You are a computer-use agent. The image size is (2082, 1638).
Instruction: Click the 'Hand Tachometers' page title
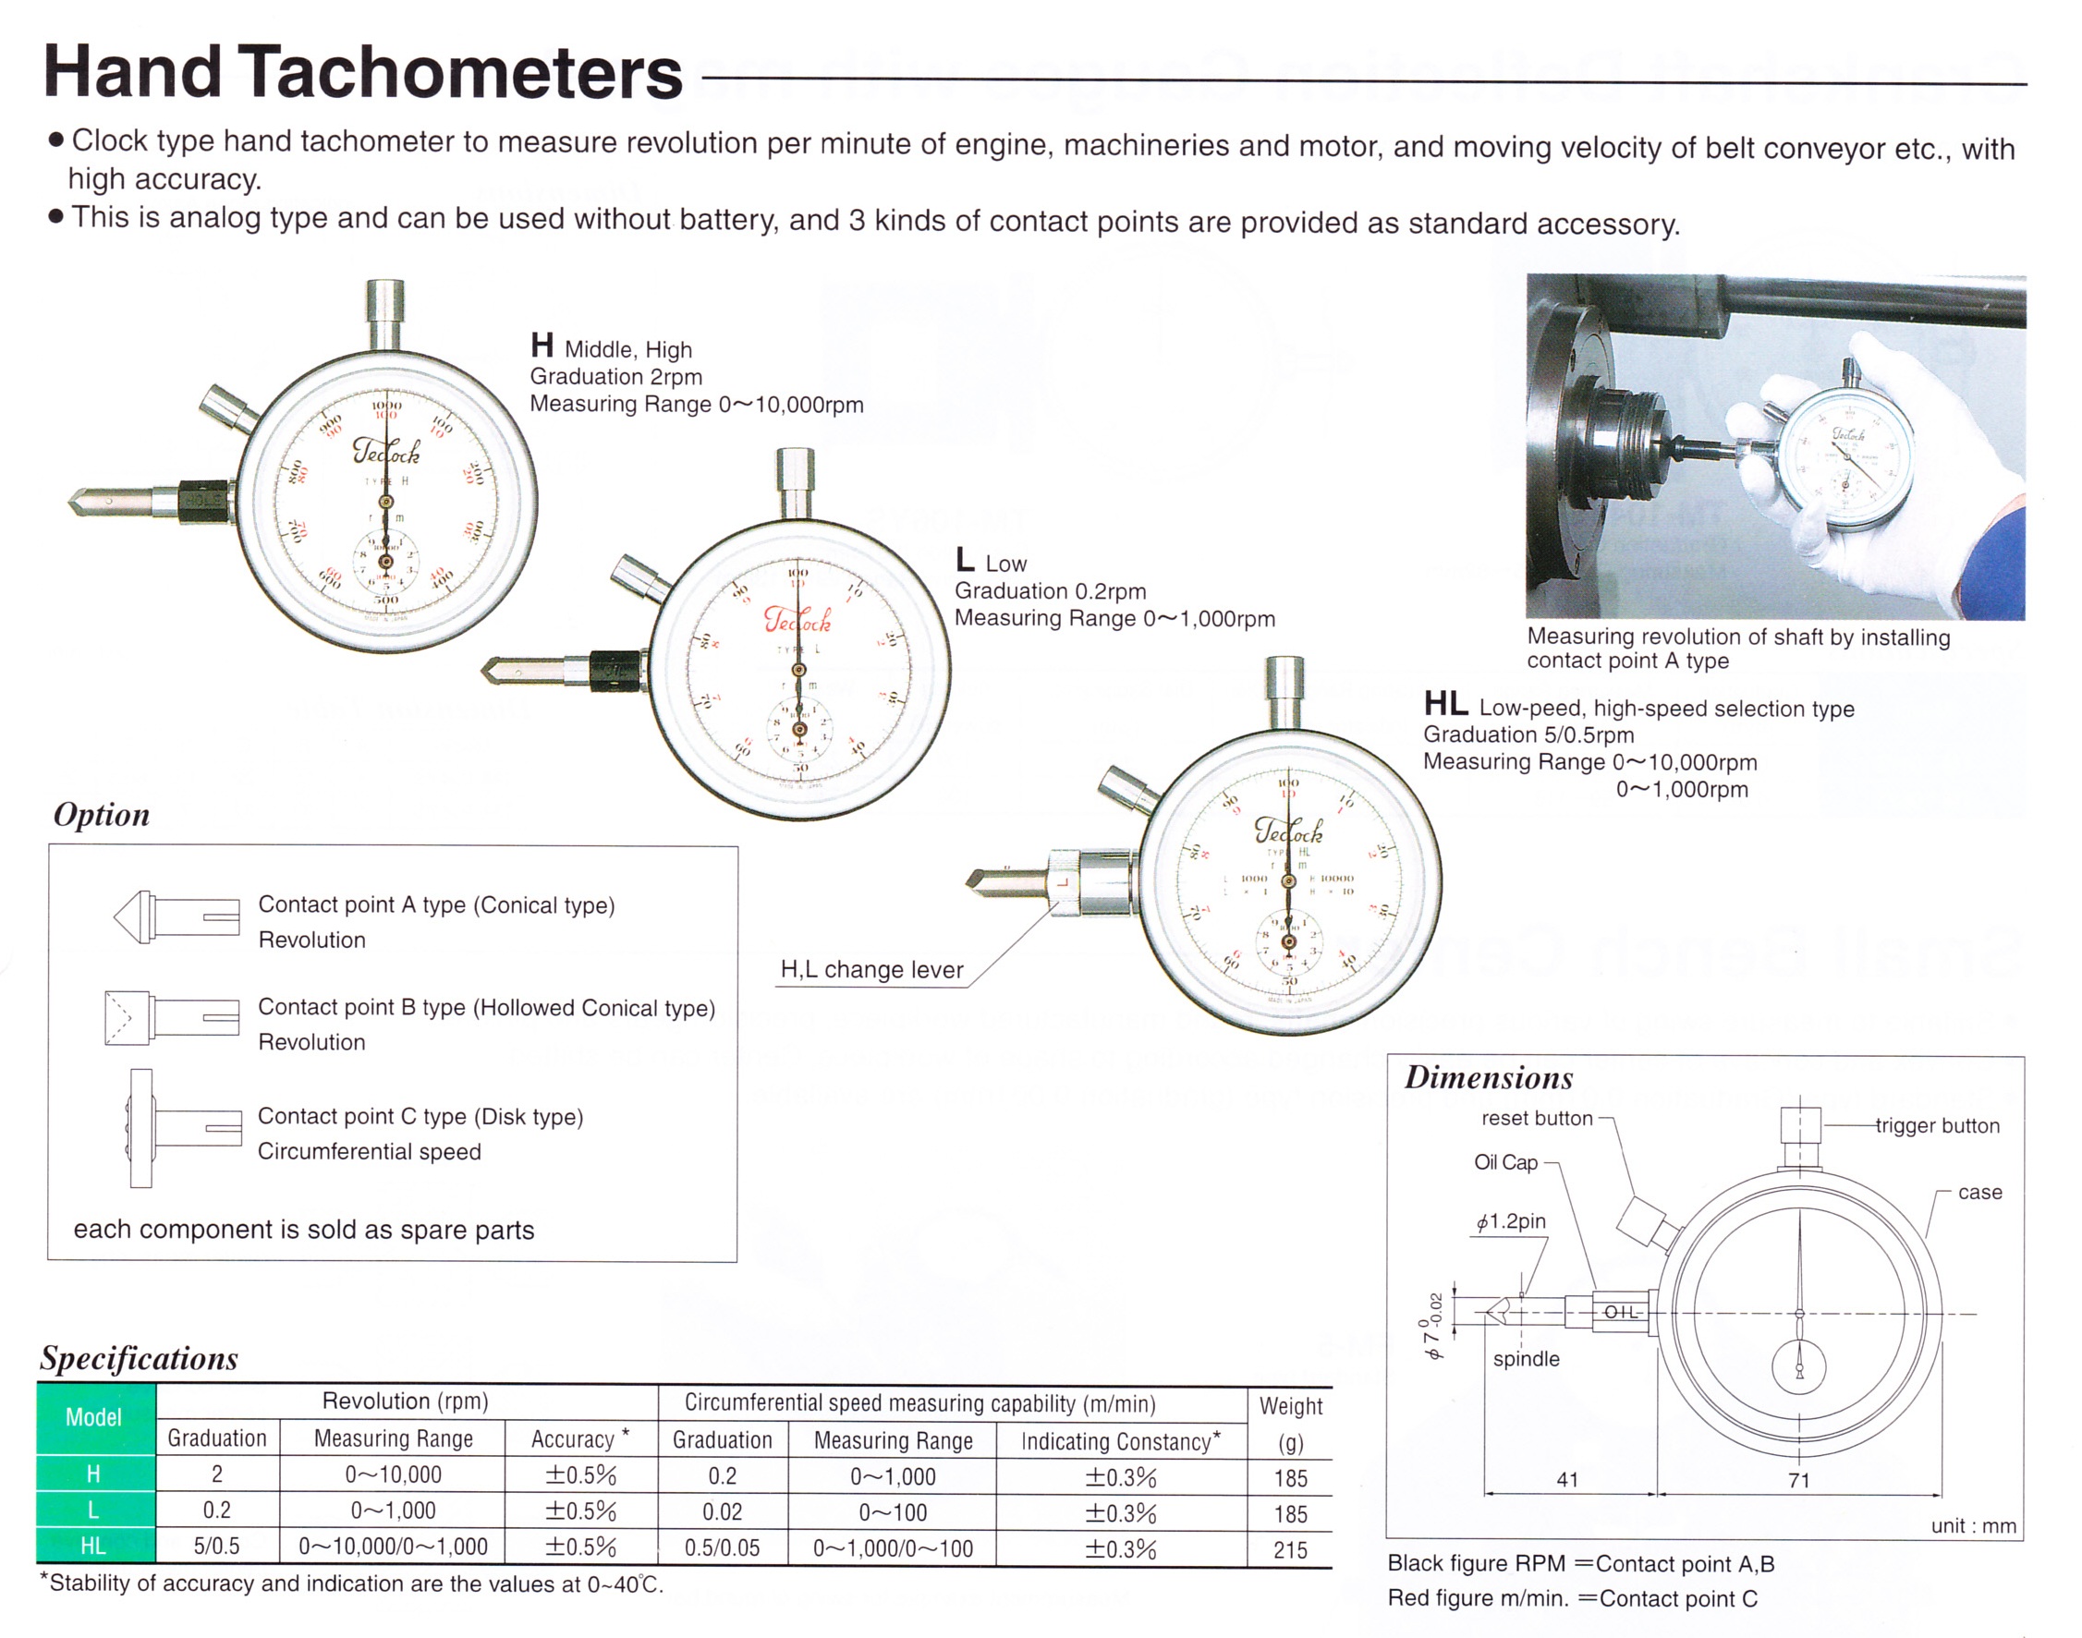pos(362,73)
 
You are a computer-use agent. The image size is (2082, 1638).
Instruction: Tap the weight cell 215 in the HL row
pos(1290,1549)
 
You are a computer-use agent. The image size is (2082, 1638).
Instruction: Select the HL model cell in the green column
pos(94,1546)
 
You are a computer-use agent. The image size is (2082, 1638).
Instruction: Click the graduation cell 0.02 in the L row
pos(722,1512)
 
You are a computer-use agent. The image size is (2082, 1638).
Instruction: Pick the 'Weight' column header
pos(1291,1407)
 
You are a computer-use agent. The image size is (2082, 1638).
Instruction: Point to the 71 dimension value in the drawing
pos(1799,1481)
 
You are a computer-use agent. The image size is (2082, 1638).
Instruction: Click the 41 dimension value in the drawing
pos(1567,1480)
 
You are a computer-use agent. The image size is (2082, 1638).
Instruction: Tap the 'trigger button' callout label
pos(1937,1126)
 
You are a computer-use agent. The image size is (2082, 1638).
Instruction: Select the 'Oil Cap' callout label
pos(1505,1162)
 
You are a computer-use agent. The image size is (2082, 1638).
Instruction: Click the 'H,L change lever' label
pos(871,969)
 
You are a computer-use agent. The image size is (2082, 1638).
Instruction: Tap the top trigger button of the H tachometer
pos(385,311)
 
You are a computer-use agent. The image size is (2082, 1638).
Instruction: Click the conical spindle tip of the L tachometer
pos(499,670)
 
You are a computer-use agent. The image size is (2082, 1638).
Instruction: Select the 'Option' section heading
pos(102,814)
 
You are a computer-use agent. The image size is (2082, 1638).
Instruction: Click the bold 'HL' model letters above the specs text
pos(1445,704)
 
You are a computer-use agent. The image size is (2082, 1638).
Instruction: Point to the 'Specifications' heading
pos(139,1358)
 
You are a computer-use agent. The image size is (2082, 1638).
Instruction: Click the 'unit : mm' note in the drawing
pos(1973,1526)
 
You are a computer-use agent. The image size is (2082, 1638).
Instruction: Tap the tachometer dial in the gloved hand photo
pos(1846,458)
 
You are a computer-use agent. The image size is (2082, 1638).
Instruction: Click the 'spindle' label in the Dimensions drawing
pos(1526,1359)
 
